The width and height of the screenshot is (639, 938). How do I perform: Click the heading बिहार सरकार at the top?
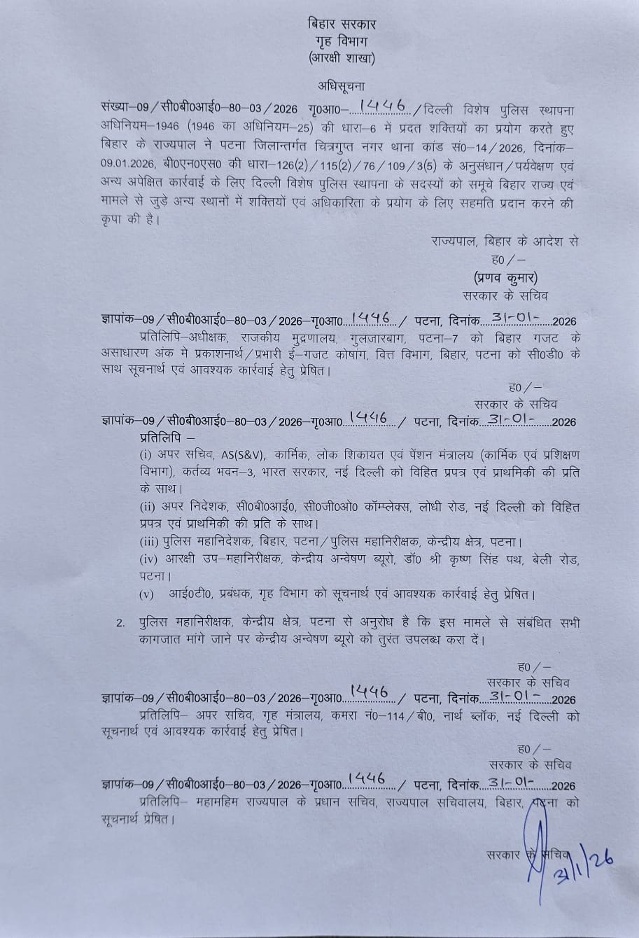pos(342,24)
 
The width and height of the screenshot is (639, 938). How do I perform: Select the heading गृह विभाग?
pos(342,41)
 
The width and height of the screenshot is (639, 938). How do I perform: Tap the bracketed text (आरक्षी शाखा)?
pos(342,59)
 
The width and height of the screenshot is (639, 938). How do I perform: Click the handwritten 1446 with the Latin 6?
pos(382,106)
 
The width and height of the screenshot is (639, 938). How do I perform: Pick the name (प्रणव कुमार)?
pos(505,276)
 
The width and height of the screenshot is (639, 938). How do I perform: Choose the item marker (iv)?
pos(150,559)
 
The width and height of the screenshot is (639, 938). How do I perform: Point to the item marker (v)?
pos(148,595)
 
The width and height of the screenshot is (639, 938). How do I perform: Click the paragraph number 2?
pos(120,622)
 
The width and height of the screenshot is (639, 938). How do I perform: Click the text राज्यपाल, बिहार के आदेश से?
pos(505,242)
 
